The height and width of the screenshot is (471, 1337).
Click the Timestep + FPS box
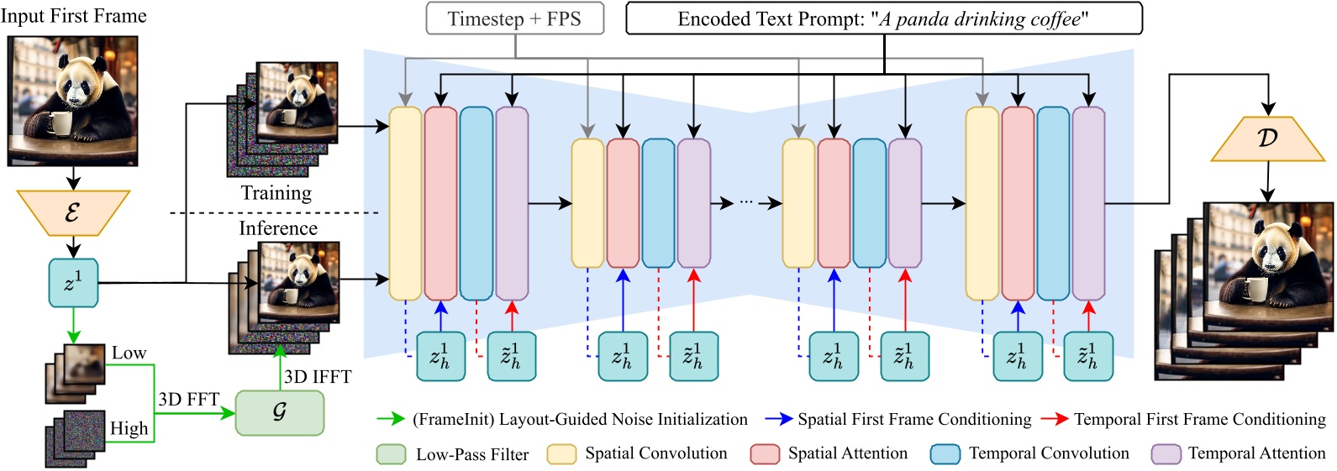[x=514, y=18]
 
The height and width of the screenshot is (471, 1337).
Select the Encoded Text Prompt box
[x=883, y=18]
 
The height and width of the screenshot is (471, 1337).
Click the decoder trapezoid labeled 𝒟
[x=1267, y=138]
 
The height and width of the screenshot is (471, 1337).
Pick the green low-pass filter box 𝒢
[x=279, y=411]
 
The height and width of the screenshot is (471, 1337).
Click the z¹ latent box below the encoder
[x=73, y=283]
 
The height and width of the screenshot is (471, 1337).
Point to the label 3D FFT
[x=188, y=400]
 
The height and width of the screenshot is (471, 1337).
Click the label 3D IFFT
[x=317, y=377]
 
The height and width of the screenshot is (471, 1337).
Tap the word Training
[x=276, y=193]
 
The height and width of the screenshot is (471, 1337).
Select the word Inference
[x=277, y=228]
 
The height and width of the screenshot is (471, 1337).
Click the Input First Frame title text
[x=73, y=16]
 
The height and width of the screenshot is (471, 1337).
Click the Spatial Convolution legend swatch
[x=561, y=454]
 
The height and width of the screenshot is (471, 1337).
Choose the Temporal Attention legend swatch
[x=1166, y=454]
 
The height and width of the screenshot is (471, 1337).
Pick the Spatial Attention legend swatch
[x=765, y=454]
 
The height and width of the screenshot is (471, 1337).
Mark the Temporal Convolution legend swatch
[x=945, y=454]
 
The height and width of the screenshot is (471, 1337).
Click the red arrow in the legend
[x=1054, y=419]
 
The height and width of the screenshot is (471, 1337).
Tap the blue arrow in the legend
[x=778, y=419]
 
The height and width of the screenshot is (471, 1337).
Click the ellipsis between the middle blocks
[x=747, y=203]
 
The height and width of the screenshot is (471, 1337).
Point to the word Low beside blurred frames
[x=129, y=353]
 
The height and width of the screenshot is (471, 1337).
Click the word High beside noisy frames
[x=129, y=429]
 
